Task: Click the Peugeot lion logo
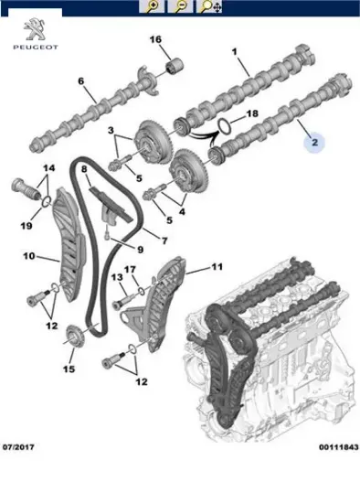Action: (36, 29)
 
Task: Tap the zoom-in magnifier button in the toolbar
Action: (152, 6)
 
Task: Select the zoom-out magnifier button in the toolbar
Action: (181, 6)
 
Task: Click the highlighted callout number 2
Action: (314, 142)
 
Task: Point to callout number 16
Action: (155, 39)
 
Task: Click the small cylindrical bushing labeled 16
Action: (175, 66)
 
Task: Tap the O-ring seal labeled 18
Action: (225, 125)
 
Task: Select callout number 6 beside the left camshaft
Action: (80, 80)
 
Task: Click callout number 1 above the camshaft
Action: (234, 51)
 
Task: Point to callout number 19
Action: (26, 226)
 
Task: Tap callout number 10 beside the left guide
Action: (29, 256)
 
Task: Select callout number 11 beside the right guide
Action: (217, 266)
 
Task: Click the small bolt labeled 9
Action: (107, 233)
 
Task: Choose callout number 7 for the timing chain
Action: (164, 241)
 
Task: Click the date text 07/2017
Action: (18, 447)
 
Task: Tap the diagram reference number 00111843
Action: (338, 447)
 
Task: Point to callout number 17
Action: (130, 270)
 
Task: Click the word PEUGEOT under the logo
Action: (36, 48)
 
